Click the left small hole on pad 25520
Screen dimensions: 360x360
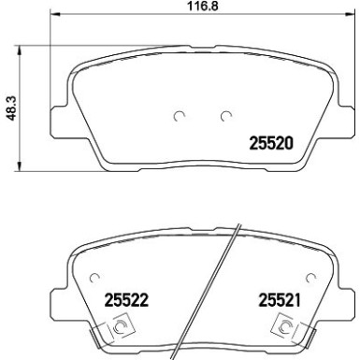click(180, 117)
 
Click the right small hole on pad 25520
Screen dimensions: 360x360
click(225, 117)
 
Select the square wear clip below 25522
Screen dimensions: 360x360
click(120, 327)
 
